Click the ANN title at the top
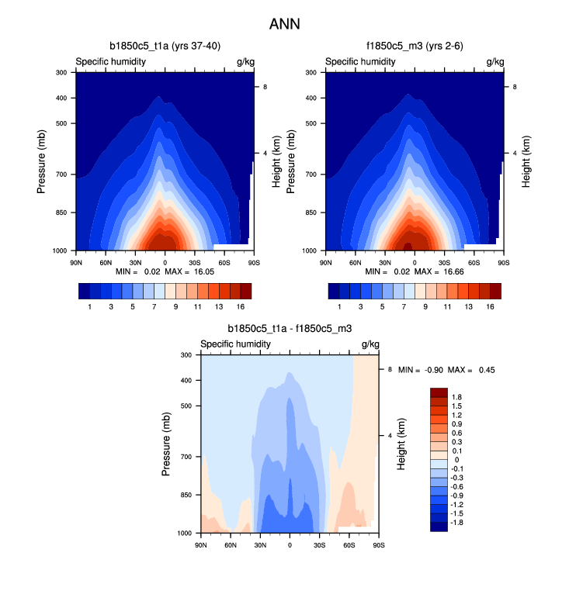[284, 24]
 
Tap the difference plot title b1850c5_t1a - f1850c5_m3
[289, 329]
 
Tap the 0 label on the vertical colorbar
[455, 460]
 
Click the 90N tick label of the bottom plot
[201, 544]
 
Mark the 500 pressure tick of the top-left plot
[63, 123]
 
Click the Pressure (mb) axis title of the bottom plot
[167, 444]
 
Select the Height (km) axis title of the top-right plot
[526, 161]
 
